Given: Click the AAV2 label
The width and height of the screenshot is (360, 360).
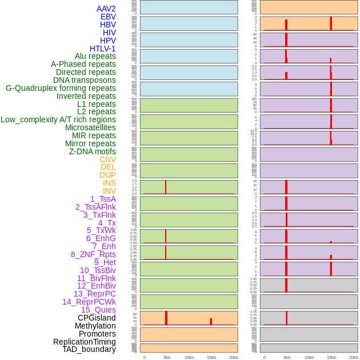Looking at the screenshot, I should point(106,9).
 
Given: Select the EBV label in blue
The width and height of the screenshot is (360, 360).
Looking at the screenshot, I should point(108,17).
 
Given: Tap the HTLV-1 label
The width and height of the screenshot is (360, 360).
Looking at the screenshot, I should point(103,49).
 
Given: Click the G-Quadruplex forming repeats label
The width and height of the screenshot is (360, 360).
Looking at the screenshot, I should point(61,88).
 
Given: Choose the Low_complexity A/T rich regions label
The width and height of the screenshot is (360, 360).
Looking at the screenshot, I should point(58,119).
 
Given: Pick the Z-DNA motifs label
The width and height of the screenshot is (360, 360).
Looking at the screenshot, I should point(93,151).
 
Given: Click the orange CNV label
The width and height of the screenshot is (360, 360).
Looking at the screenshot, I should point(107,159).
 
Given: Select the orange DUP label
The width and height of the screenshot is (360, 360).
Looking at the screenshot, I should point(107,175).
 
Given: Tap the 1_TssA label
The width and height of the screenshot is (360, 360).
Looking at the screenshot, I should point(103,199).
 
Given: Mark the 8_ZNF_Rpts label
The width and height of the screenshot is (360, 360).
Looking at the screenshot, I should point(93,254).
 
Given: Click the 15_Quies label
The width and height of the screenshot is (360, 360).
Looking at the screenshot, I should point(98,310).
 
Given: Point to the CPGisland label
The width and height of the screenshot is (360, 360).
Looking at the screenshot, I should point(97,318).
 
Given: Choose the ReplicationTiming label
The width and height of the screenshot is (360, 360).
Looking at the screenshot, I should point(85,342).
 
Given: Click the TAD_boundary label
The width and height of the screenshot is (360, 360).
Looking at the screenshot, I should point(89,349).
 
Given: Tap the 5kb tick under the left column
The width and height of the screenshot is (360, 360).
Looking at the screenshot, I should point(167,357).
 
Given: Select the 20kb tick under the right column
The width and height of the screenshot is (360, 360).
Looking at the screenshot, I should point(353,357).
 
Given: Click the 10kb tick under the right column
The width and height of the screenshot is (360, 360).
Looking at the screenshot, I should point(309,357).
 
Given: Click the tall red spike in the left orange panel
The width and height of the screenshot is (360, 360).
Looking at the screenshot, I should point(166,318).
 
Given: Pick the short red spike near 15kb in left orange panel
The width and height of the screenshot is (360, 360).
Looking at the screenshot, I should point(211,322).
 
